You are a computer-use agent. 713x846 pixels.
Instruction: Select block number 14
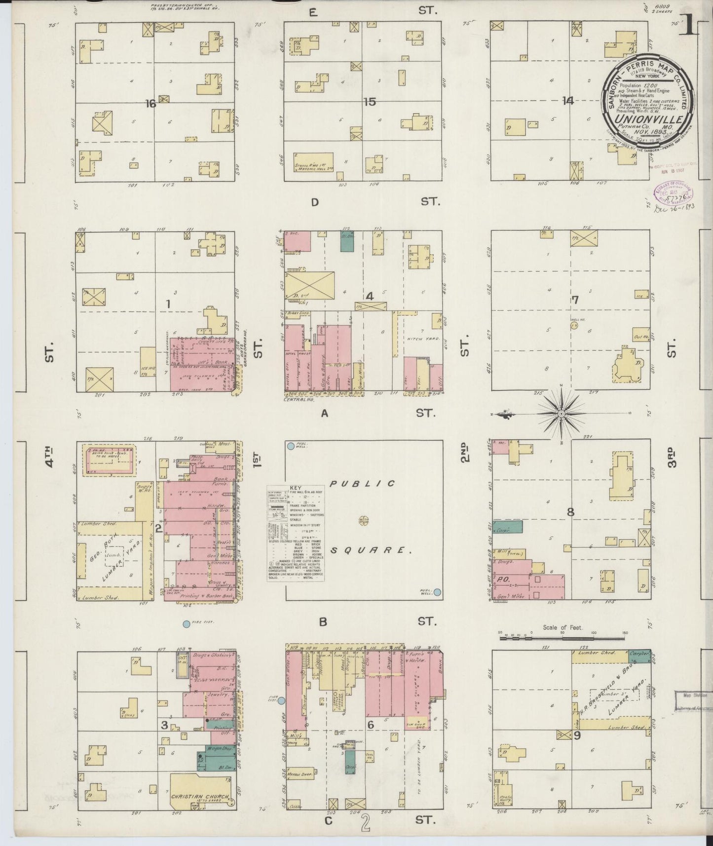tap(567, 101)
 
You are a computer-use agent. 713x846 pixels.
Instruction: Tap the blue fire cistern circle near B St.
tap(186, 624)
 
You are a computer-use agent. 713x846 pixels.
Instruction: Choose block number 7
tap(575, 300)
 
